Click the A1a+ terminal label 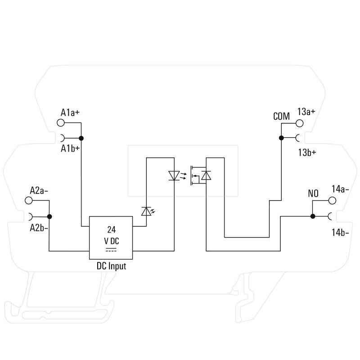(x=70, y=112)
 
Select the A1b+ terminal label (x=70, y=148)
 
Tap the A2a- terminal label (x=39, y=190)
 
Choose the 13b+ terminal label (x=306, y=152)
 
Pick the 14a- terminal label (x=340, y=189)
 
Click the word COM (x=281, y=117)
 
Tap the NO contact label (x=313, y=194)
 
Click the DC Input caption (x=111, y=266)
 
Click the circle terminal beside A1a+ (x=63, y=123)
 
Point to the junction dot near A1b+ (x=81, y=138)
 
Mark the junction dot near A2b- (x=49, y=216)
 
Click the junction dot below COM (x=281, y=138)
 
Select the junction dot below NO (x=313, y=216)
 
